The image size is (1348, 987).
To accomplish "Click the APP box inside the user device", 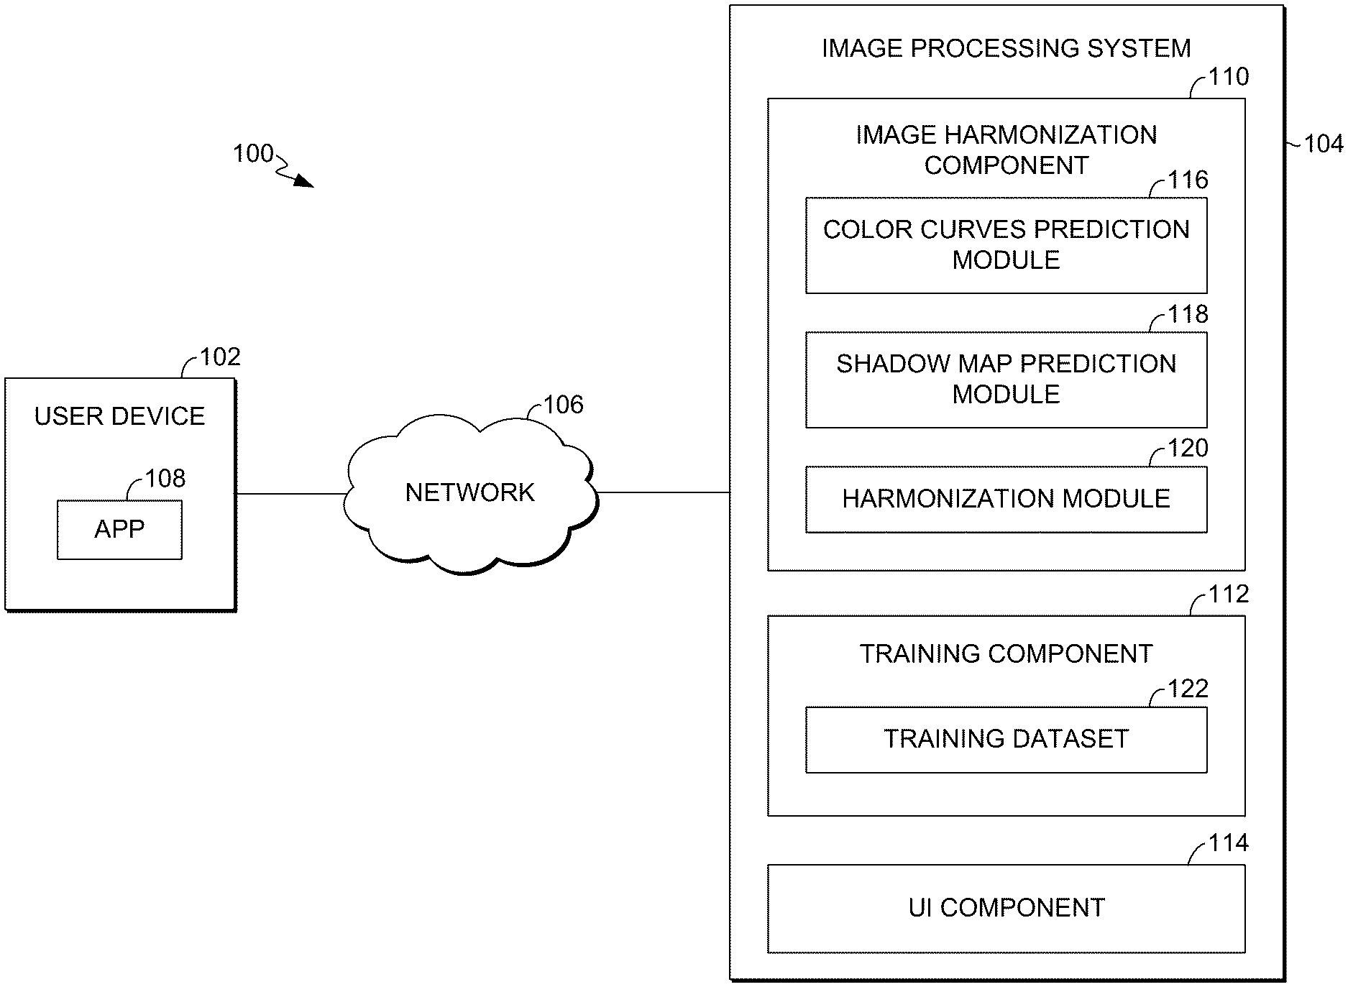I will tap(119, 530).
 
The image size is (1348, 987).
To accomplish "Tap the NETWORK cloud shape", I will tap(470, 493).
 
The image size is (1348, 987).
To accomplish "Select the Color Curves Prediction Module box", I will tap(1006, 245).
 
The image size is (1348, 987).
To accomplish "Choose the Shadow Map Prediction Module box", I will tap(1006, 380).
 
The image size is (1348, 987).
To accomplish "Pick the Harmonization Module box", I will tap(1006, 499).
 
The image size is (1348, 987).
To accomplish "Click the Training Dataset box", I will tap(1006, 740).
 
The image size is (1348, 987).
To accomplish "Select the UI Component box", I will tap(1006, 908).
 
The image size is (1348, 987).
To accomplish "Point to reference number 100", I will tap(253, 153).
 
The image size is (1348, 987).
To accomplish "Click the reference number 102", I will tap(220, 357).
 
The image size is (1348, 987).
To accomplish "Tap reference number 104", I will tap(1323, 144).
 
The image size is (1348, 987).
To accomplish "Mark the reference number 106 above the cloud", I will tap(563, 405).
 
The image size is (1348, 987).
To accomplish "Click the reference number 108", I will tap(165, 478).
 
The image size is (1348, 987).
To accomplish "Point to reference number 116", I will tap(1188, 180).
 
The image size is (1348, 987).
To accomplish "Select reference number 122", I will tap(1188, 689).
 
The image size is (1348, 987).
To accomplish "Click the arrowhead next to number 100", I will tap(305, 182).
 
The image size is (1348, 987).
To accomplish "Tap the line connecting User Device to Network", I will tap(291, 494).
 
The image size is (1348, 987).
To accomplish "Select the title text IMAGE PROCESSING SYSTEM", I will tap(1006, 48).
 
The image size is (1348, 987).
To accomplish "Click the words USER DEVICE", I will tap(119, 416).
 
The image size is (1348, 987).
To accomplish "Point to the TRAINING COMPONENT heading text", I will tap(1006, 653).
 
